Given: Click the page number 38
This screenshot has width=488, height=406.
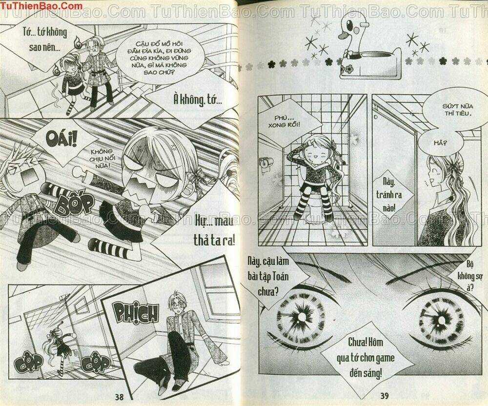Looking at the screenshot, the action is [119, 397].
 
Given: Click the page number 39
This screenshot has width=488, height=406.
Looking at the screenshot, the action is [385, 396].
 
